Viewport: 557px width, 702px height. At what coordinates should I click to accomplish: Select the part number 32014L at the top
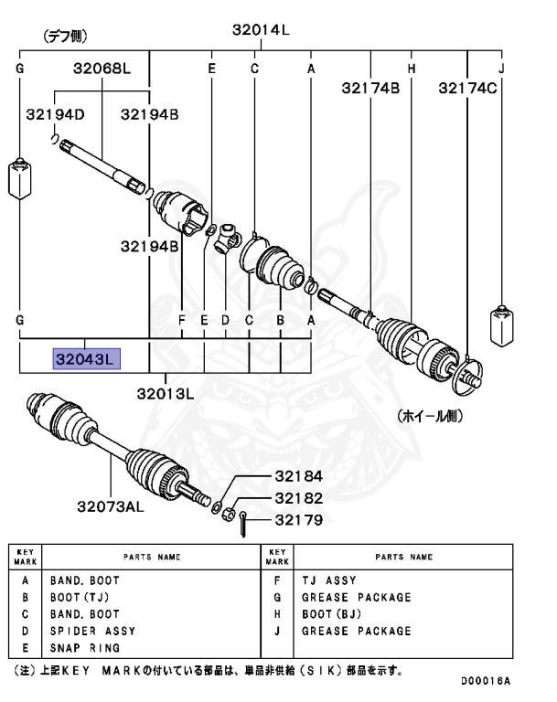click(260, 29)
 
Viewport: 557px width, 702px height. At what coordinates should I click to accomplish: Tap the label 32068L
click(102, 69)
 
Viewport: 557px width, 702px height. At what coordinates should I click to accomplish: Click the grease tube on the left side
click(19, 178)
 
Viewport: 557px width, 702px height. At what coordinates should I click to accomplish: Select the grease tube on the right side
click(500, 324)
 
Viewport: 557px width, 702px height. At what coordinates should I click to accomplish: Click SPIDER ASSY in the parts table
click(92, 631)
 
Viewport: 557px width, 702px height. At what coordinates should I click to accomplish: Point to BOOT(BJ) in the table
click(332, 614)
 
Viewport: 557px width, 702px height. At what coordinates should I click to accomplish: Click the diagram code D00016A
click(485, 682)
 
